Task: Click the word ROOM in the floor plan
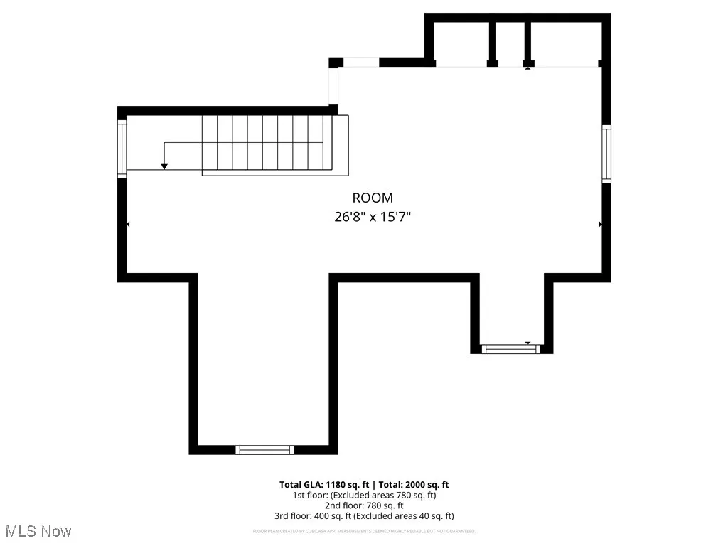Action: point(373,198)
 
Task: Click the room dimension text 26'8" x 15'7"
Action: point(373,217)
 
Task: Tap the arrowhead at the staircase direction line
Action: point(164,166)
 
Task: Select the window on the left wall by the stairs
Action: point(122,148)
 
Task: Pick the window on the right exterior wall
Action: point(606,154)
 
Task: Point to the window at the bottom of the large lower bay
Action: point(264,449)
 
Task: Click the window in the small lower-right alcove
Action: point(510,348)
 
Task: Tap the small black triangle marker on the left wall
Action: point(128,224)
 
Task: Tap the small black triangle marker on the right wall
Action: point(601,224)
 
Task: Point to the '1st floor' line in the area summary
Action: point(364,495)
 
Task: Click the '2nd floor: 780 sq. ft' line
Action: point(364,505)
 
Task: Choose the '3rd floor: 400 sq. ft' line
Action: point(364,516)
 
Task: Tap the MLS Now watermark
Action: point(38,531)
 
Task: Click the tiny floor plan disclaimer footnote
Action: point(364,531)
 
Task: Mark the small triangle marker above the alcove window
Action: point(528,343)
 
